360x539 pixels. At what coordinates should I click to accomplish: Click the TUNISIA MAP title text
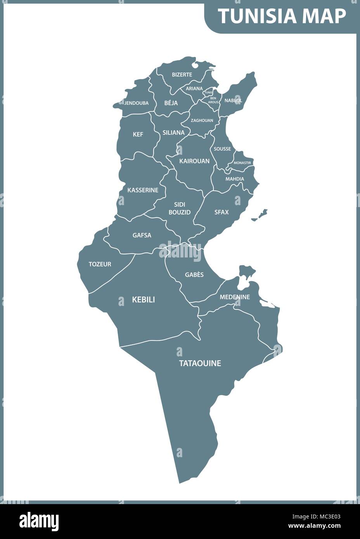tap(282, 16)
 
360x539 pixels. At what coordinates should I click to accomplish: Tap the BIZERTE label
tap(182, 74)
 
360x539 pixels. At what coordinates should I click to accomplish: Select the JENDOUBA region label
tap(136, 103)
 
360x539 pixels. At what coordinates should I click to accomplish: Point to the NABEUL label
tap(233, 100)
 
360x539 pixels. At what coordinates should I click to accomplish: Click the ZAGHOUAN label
tap(202, 121)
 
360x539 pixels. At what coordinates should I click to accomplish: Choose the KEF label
tap(138, 135)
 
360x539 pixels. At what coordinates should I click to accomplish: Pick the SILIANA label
tap(173, 133)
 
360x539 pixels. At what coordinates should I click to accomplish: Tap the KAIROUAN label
tap(194, 161)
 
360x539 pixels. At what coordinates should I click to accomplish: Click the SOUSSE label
tap(222, 149)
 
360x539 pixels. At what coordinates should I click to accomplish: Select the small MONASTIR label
tap(242, 163)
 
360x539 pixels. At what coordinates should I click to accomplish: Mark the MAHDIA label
tap(235, 179)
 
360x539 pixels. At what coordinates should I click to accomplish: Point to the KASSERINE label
tap(143, 190)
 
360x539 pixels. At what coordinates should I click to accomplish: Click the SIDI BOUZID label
tap(180, 208)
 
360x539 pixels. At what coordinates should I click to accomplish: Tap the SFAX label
tap(222, 212)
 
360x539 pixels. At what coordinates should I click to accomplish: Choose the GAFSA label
tap(142, 235)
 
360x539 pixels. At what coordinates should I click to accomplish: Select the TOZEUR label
tap(100, 264)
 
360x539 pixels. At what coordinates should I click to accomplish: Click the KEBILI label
tap(144, 300)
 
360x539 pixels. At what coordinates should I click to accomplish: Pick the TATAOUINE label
tap(200, 363)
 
